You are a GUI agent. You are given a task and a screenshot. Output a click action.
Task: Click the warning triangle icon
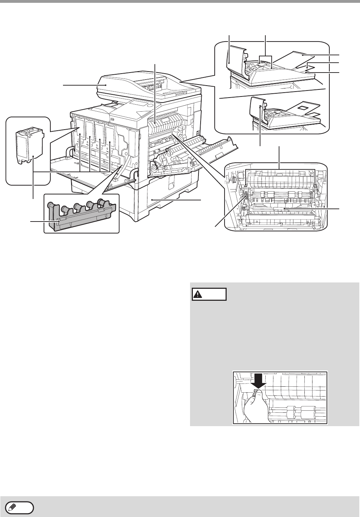(x=198, y=294)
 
